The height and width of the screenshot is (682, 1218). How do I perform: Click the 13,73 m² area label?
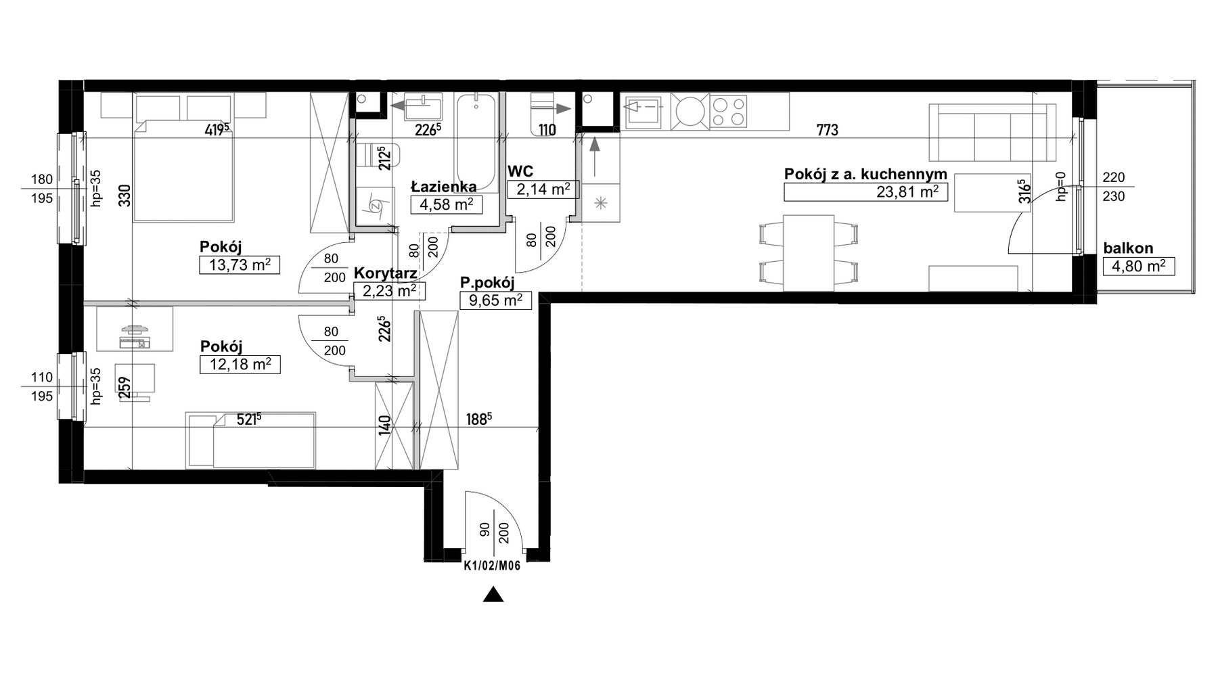(240, 265)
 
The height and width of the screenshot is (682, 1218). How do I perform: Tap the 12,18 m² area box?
(240, 365)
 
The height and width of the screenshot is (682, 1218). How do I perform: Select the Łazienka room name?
(445, 187)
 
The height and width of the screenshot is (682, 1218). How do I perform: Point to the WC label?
(520, 173)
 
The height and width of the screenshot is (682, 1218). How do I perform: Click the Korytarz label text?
(385, 275)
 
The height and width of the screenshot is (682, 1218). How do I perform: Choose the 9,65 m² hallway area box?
(496, 300)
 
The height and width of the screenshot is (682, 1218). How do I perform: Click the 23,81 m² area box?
(865, 192)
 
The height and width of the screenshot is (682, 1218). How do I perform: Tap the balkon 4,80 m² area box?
(1139, 266)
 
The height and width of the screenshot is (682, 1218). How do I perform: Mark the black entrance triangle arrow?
(494, 595)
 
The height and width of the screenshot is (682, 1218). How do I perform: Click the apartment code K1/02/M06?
(492, 567)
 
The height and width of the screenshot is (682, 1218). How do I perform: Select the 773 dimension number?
(828, 130)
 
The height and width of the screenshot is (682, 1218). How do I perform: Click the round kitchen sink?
(690, 111)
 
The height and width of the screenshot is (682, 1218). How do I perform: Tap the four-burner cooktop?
(729, 111)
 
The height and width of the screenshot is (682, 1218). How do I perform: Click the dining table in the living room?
(809, 253)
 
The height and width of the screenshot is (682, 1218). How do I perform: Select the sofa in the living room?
(992, 133)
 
